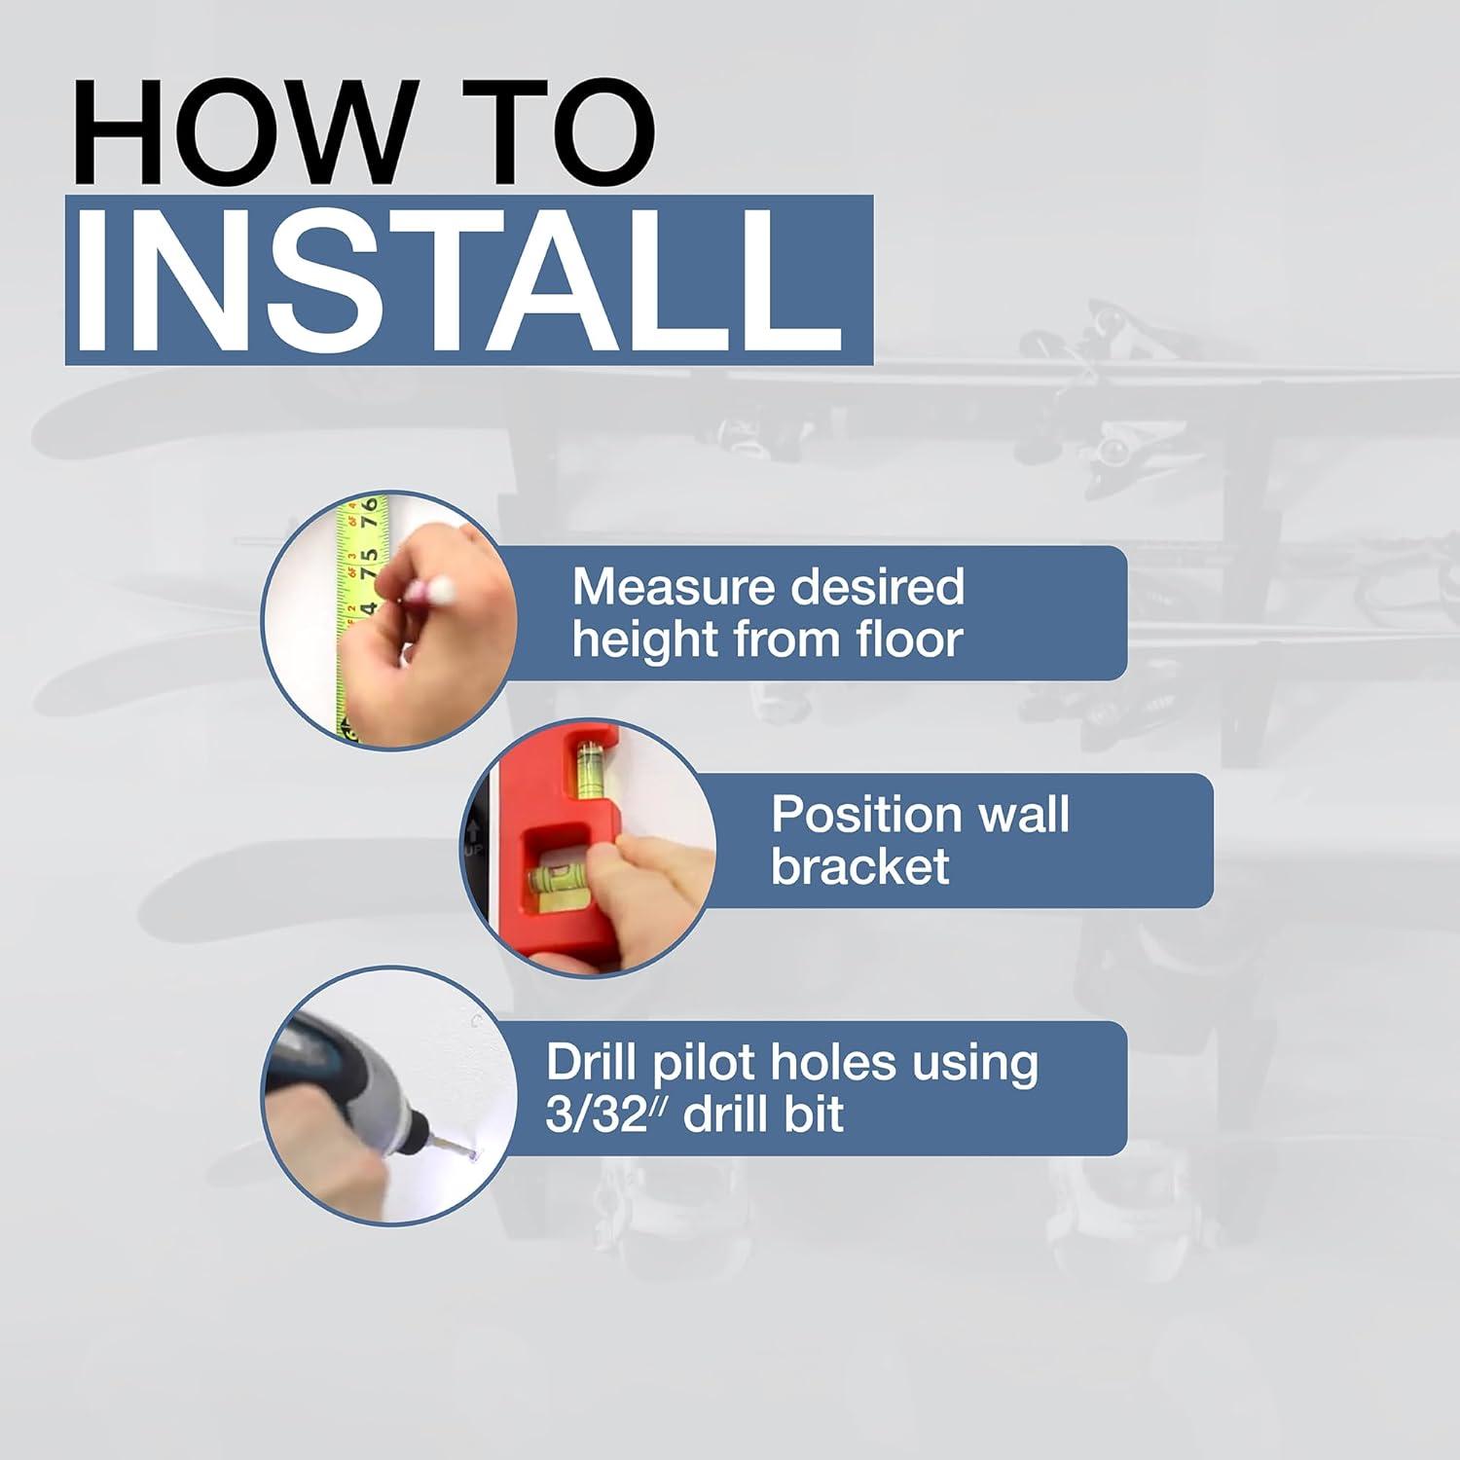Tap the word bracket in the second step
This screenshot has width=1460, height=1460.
tap(859, 866)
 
